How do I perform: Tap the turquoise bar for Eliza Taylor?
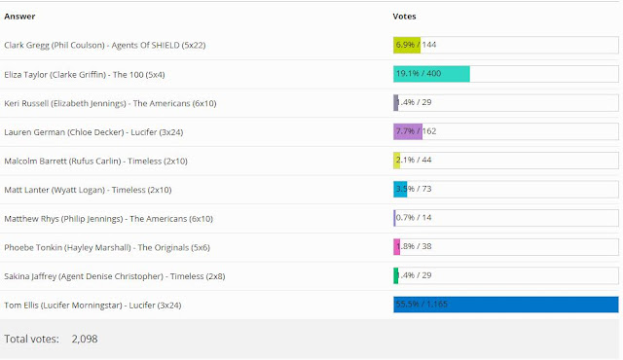pos(431,74)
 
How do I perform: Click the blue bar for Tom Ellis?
pos(505,305)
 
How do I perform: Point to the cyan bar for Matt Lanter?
pos(400,189)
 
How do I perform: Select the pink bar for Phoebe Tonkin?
pos(397,246)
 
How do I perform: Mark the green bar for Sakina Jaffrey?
pos(396,275)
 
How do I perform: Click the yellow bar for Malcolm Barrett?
pos(397,161)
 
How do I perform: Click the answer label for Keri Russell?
pos(95,103)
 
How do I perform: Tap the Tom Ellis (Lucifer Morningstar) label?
pos(92,305)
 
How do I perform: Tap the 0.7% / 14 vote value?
pos(416,218)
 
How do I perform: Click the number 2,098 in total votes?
pos(85,339)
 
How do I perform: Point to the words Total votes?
pos(31,339)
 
